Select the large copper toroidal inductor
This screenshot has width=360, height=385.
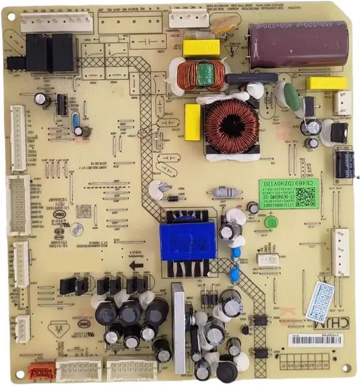coord(231,127)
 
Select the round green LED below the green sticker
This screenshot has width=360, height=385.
coord(269,221)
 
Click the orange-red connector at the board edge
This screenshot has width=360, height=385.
coord(41,372)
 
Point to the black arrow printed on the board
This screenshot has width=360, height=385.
coord(136,265)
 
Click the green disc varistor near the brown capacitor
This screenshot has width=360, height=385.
coord(292,96)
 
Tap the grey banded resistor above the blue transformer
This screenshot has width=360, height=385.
coord(224,192)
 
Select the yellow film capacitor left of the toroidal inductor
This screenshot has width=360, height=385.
coord(192,122)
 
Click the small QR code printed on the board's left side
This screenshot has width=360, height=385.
coord(83,211)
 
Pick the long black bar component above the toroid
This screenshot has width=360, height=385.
coord(251,78)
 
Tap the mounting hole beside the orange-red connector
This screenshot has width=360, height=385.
coord(21,373)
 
